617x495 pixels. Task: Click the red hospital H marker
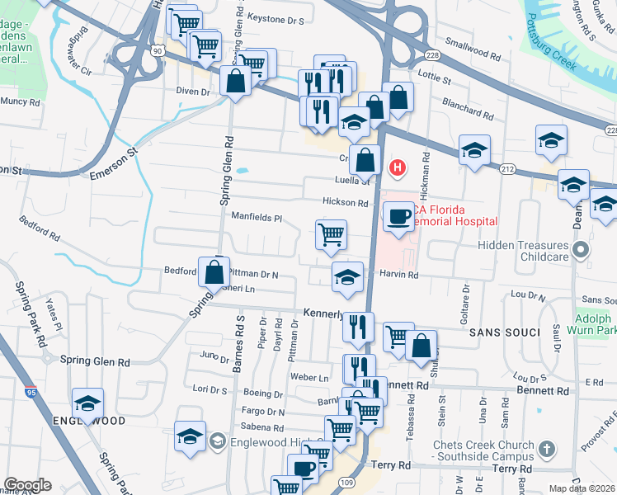398,168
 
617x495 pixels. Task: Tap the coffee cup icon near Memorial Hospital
400,217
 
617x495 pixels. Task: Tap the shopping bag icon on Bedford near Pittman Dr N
214,271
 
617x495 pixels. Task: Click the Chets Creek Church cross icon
545,449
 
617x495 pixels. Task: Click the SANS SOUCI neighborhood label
504,332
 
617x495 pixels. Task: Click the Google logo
27,485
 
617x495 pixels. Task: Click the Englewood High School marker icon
217,438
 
